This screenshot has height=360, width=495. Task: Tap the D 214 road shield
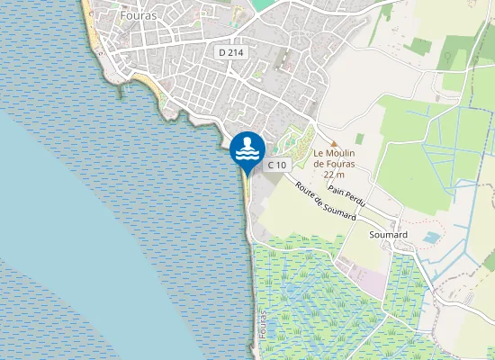(231, 52)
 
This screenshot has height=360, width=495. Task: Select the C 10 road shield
(277, 165)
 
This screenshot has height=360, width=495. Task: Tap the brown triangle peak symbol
(334, 142)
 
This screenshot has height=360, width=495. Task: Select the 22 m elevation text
(334, 176)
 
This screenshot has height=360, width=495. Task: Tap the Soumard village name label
(389, 235)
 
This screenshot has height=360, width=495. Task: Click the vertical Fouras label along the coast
(263, 327)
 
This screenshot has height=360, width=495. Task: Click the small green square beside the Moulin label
(360, 139)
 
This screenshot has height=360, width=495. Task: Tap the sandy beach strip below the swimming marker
(246, 198)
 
